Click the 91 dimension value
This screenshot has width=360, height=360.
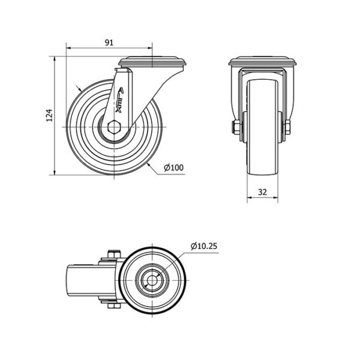pyautogui.click(x=109, y=43)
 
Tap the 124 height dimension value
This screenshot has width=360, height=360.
pyautogui.click(x=49, y=115)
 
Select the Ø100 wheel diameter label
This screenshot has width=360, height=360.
pyautogui.click(x=174, y=167)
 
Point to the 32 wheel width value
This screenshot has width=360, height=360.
pyautogui.click(x=262, y=192)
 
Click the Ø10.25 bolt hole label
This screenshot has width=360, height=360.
pyautogui.click(x=203, y=246)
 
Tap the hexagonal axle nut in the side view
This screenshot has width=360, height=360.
pyautogui.click(x=114, y=127)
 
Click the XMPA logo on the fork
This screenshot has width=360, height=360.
pyautogui.click(x=119, y=100)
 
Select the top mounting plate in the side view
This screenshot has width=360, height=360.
pyautogui.click(x=152, y=62)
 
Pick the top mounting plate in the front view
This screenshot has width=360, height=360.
pyautogui.click(x=262, y=61)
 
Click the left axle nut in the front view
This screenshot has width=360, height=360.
pyautogui.click(x=235, y=127)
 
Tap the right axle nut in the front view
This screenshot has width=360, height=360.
pyautogui.click(x=287, y=127)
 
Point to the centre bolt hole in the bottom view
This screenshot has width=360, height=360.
pyautogui.click(x=152, y=280)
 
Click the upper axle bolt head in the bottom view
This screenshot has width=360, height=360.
pyautogui.click(x=114, y=254)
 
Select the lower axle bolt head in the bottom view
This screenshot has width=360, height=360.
pyautogui.click(x=114, y=306)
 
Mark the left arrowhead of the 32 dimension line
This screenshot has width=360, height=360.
pyautogui.click(x=250, y=197)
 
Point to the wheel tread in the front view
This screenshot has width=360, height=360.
pyautogui.click(x=262, y=127)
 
